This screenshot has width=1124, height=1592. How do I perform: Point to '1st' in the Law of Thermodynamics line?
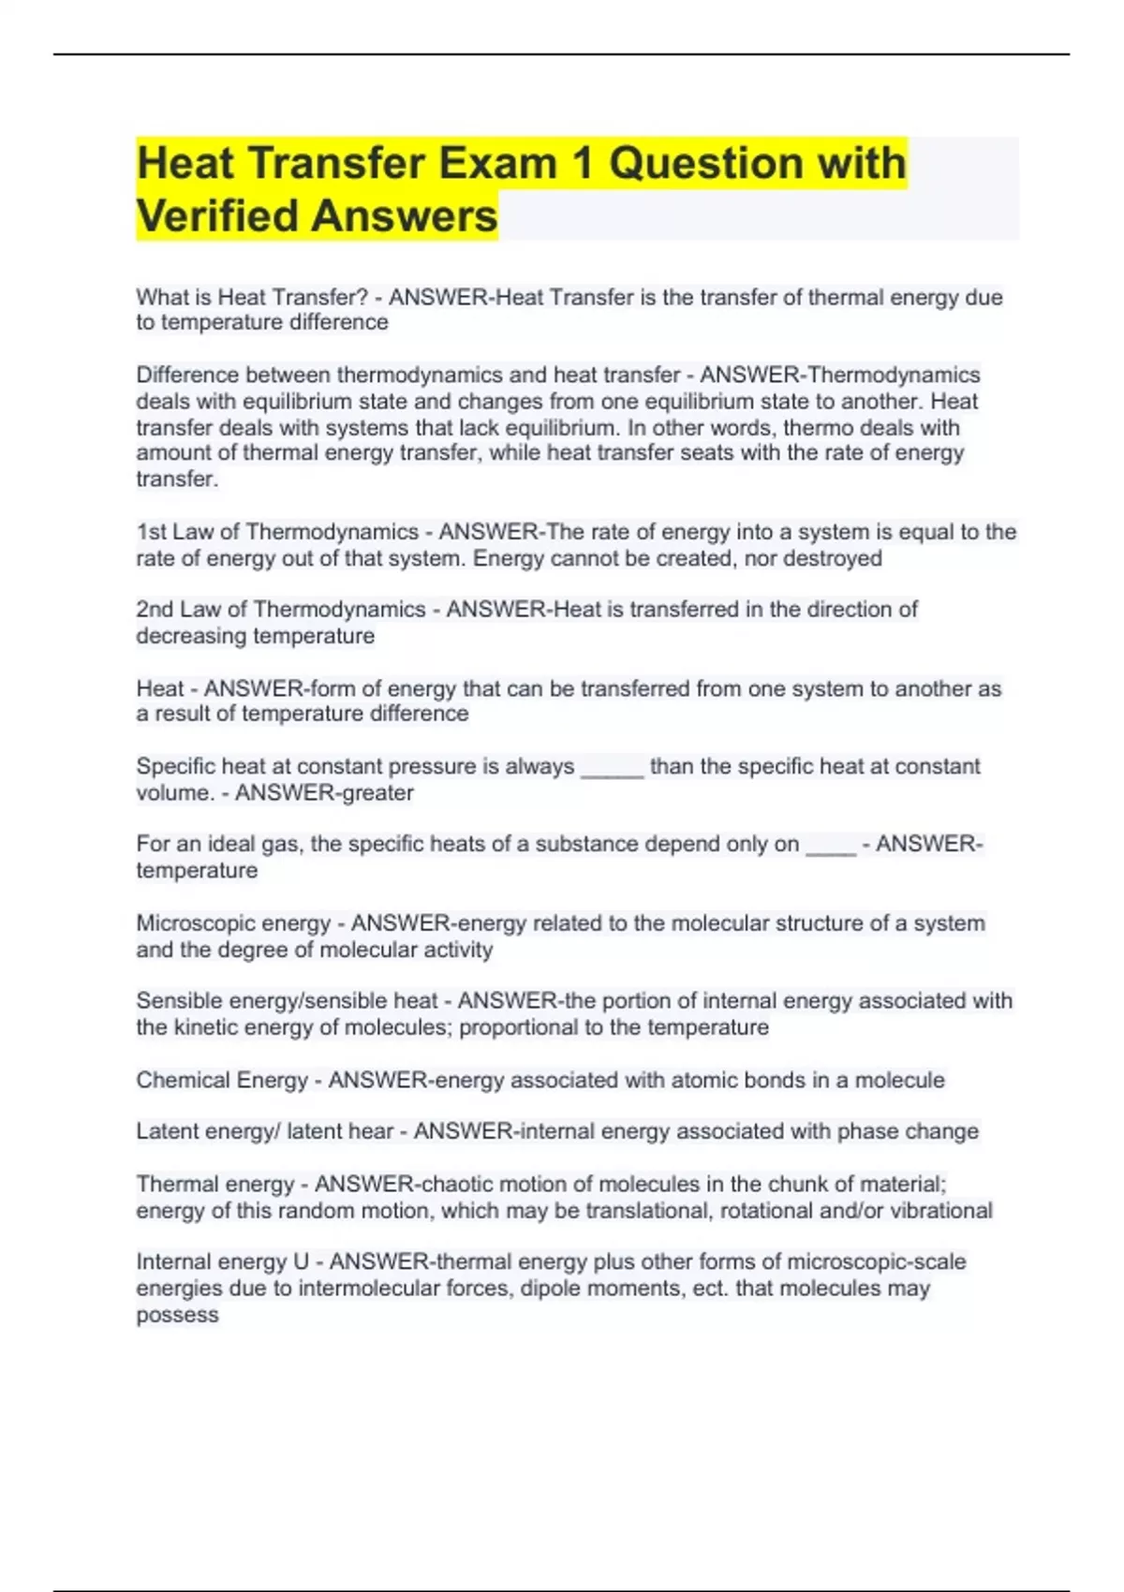pyautogui.click(x=151, y=532)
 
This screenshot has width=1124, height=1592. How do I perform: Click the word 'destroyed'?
pyautogui.click(x=832, y=558)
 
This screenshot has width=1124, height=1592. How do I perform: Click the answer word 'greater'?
pyautogui.click(x=376, y=793)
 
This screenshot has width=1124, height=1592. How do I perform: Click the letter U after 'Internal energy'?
pyautogui.click(x=301, y=1261)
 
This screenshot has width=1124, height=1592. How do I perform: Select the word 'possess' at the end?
pyautogui.click(x=177, y=1315)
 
